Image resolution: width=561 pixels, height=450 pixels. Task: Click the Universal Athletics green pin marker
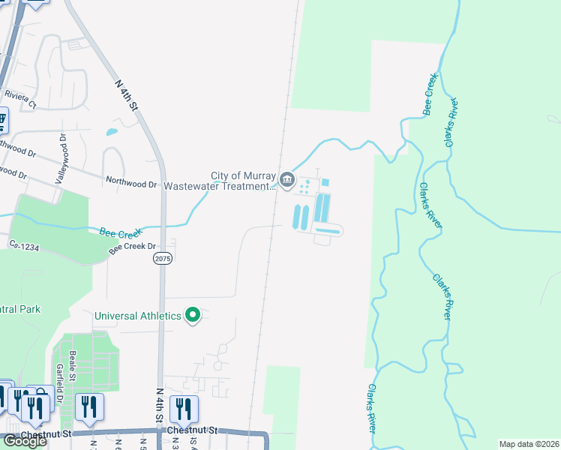193,315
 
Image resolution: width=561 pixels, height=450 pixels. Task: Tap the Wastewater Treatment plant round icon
288,179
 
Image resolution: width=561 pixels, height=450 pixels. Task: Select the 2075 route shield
163,258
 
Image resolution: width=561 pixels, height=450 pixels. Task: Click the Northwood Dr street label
131,182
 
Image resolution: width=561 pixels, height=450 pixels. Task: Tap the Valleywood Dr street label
62,159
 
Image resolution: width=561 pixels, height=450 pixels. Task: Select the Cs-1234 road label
23,244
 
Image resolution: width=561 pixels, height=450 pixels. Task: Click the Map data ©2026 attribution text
529,444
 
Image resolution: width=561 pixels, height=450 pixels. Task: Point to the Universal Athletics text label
138,316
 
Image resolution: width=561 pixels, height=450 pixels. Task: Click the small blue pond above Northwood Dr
112,133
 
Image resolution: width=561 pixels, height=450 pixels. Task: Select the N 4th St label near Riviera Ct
127,95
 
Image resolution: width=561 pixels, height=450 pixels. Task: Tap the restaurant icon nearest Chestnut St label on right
183,409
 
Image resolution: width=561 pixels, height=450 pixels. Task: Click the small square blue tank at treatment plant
325,182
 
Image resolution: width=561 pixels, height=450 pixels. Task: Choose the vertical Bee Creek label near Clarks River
430,94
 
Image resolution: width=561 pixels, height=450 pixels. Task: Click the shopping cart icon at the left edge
2,120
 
